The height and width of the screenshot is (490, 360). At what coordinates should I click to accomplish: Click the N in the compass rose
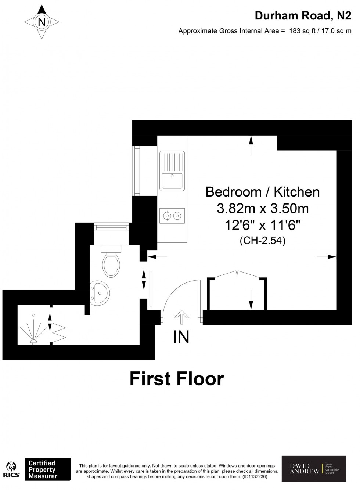pyautogui.click(x=42, y=22)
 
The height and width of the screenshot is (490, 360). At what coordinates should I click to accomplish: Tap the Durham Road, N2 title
pyautogui.click(x=303, y=16)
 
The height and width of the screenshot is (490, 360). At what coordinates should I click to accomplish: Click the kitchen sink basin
pyautogui.click(x=172, y=180)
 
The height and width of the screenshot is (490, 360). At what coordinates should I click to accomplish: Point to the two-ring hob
pyautogui.click(x=172, y=215)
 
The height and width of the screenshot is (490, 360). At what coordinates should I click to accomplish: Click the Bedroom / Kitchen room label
pyautogui.click(x=262, y=192)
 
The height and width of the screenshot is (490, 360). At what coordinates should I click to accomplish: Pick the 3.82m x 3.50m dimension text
pyautogui.click(x=262, y=209)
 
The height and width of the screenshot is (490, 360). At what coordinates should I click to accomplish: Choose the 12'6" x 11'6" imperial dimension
pyautogui.click(x=262, y=225)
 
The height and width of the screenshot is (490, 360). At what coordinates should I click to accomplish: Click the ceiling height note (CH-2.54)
pyautogui.click(x=262, y=241)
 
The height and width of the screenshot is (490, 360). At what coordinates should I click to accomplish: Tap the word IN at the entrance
pyautogui.click(x=181, y=337)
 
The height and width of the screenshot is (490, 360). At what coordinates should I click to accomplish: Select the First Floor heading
pyautogui.click(x=177, y=379)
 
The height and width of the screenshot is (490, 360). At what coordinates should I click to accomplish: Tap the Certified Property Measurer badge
pyautogui.click(x=48, y=469)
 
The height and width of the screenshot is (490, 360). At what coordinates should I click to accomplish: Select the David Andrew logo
pyautogui.click(x=313, y=468)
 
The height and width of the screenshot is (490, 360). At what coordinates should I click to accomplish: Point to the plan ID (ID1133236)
pyautogui.click(x=254, y=476)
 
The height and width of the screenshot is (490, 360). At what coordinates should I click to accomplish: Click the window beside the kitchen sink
pyautogui.click(x=137, y=170)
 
